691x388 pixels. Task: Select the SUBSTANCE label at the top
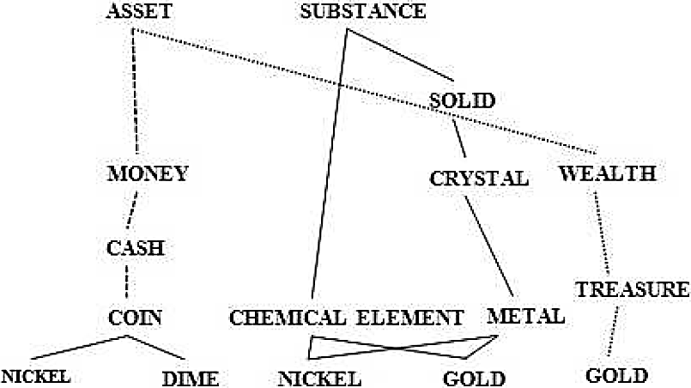click(x=363, y=12)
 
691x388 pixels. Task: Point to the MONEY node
click(x=148, y=174)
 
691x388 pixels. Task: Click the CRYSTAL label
click(x=478, y=179)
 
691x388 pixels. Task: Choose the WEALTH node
click(x=607, y=173)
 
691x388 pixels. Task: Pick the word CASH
click(x=135, y=248)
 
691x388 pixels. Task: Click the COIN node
click(x=136, y=318)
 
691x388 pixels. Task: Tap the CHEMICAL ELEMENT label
click(x=346, y=318)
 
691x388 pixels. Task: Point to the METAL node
click(x=525, y=315)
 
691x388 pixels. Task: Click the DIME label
click(x=190, y=376)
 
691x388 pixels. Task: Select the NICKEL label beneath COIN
click(x=34, y=376)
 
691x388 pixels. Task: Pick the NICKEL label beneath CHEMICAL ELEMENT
click(x=319, y=377)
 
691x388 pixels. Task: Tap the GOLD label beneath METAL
click(x=474, y=377)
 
